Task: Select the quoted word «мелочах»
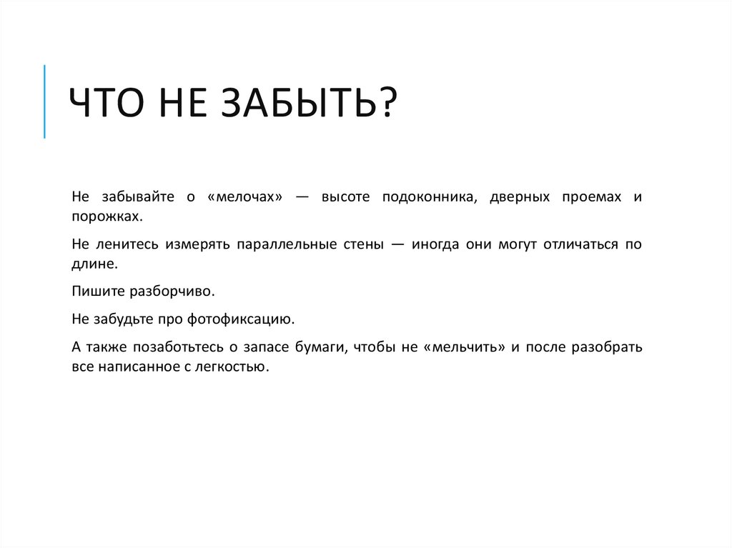click(x=244, y=196)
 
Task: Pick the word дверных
click(x=520, y=196)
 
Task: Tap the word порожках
click(x=102, y=216)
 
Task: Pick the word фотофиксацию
click(x=249, y=319)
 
